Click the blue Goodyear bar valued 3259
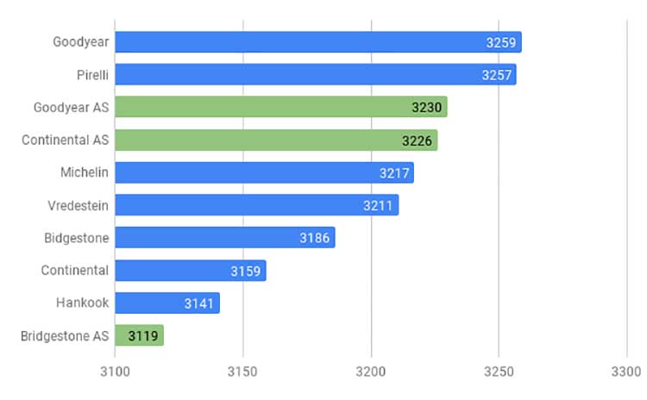(x=318, y=42)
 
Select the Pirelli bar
(x=316, y=74)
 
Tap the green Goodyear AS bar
(x=281, y=107)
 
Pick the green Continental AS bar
(x=276, y=140)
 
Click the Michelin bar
(x=265, y=172)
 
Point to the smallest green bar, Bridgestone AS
(x=140, y=335)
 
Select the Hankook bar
(x=167, y=303)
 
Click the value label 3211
(x=378, y=205)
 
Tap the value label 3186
(x=314, y=238)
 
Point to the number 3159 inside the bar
(x=246, y=271)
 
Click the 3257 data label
(x=496, y=75)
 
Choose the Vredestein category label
(x=78, y=205)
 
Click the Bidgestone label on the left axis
(x=76, y=238)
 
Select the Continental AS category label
(x=66, y=140)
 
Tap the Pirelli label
(x=92, y=75)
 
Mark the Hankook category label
(x=83, y=303)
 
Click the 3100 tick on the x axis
(x=115, y=372)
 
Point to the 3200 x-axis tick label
(x=371, y=372)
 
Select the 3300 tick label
(x=626, y=372)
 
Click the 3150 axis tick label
(x=242, y=372)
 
